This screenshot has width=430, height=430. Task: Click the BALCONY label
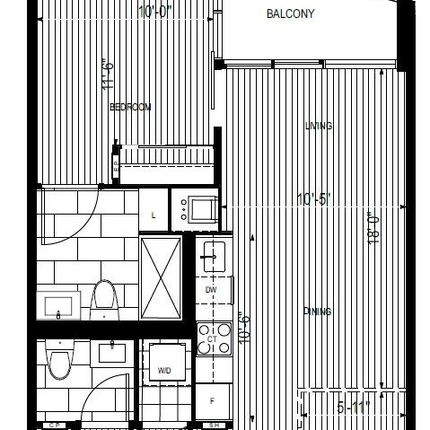point(290,14)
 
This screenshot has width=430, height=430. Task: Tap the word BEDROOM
point(129,107)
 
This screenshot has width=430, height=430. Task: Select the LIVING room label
point(319,127)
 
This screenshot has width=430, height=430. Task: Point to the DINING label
point(318,312)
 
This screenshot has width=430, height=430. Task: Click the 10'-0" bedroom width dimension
point(157,12)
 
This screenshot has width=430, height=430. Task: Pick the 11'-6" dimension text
point(108,76)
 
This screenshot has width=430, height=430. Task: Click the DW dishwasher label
point(212,290)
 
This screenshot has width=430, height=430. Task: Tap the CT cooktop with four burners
point(214,339)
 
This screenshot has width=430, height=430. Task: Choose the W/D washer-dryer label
point(165,370)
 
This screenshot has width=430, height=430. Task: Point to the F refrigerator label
point(212,401)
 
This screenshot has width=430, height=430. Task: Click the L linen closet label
point(154,215)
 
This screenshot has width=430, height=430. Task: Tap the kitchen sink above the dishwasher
point(214,254)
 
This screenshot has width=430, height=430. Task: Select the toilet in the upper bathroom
point(105,300)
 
